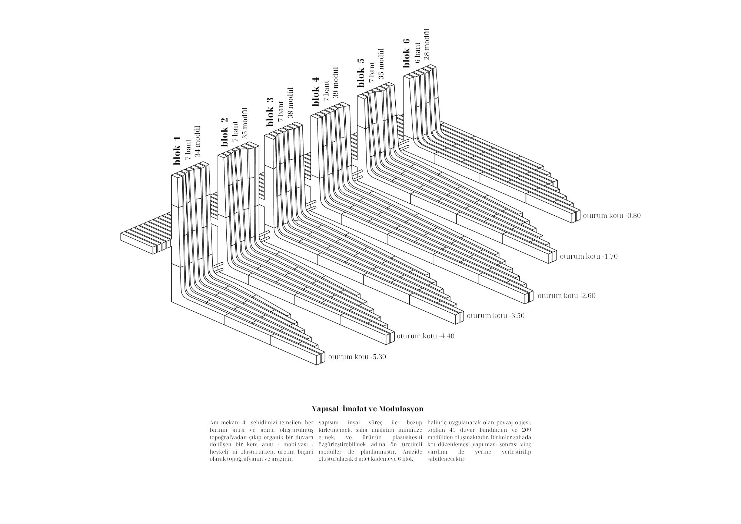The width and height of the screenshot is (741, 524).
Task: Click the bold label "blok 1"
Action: (x=177, y=150)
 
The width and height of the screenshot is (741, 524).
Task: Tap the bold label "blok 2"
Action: (x=224, y=132)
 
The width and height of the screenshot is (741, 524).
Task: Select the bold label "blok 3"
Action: (x=270, y=112)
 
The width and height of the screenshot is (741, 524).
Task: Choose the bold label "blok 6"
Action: (x=406, y=53)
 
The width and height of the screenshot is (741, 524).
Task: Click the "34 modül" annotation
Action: (x=197, y=141)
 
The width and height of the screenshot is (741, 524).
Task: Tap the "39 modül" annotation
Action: (x=336, y=82)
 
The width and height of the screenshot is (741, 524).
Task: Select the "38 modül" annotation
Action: (x=290, y=103)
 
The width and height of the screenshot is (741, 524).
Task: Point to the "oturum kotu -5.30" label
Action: (x=357, y=357)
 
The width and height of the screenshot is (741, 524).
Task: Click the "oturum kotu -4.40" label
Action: (x=425, y=336)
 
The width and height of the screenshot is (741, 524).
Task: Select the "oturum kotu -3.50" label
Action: (x=495, y=316)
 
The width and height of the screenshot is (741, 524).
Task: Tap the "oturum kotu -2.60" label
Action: (x=566, y=296)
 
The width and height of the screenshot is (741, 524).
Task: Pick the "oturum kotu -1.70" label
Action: (x=589, y=256)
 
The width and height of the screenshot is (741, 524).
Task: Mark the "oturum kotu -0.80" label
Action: (x=612, y=216)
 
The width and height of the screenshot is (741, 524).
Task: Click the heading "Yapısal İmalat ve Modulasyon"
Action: (x=368, y=409)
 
